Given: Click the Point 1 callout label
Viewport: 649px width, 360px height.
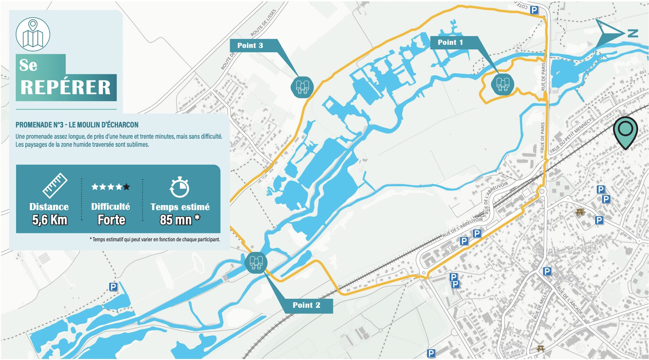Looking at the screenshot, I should (x=450, y=42).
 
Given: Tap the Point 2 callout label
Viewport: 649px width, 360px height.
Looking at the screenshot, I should (x=306, y=305).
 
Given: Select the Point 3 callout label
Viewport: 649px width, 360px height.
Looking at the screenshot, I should (x=250, y=46).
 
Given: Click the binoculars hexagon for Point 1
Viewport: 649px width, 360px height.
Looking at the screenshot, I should (x=503, y=84).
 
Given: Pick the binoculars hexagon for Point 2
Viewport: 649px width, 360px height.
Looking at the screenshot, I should (x=256, y=262).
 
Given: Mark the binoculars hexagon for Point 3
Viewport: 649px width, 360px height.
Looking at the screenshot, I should (x=302, y=87).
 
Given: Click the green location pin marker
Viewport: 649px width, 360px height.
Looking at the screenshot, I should (x=625, y=131).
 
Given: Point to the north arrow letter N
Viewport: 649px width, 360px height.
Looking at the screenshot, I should (x=632, y=33).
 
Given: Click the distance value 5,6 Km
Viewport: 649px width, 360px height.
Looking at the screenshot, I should (x=49, y=220).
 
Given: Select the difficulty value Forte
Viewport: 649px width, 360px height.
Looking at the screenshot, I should (x=111, y=220).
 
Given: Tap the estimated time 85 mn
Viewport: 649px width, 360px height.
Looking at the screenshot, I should (x=176, y=220).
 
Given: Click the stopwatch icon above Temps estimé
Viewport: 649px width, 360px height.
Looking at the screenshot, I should (x=180, y=187).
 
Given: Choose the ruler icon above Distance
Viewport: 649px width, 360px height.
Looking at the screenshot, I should (x=55, y=185).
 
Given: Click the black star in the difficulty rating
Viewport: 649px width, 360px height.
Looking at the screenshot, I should (x=126, y=187).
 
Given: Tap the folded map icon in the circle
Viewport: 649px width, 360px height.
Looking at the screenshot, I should (x=33, y=35).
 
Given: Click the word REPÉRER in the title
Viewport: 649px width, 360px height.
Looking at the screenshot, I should (x=65, y=88).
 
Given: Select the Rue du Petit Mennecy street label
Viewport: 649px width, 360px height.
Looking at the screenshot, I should (x=571, y=135).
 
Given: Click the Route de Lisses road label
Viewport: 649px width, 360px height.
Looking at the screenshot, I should (x=263, y=23).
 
